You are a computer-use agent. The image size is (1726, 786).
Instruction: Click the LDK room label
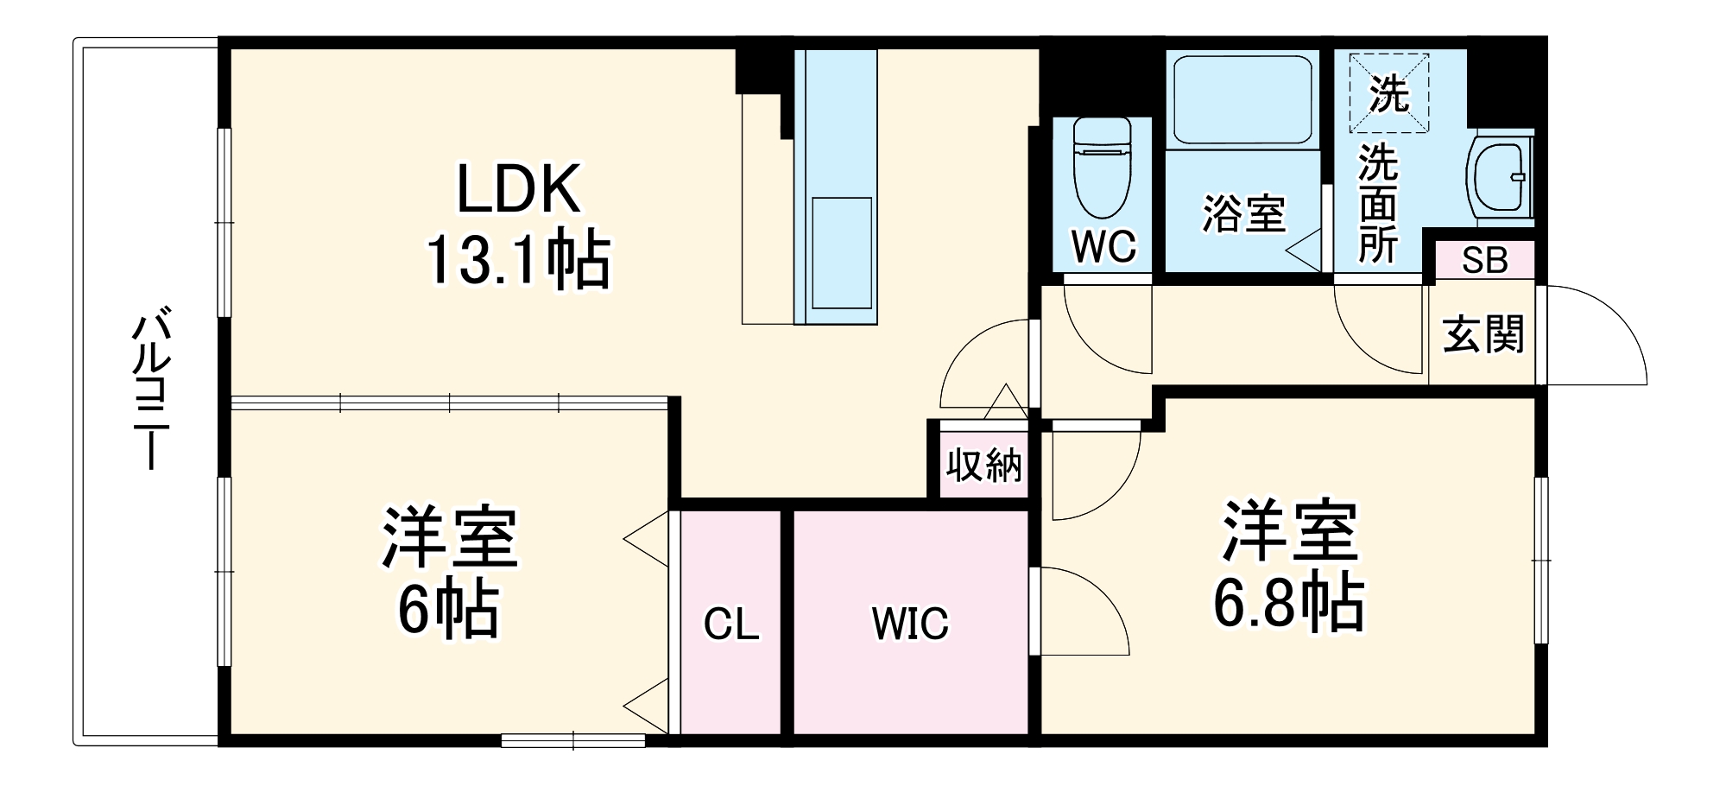[518, 189]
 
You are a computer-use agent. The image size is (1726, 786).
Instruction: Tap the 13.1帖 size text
[518, 259]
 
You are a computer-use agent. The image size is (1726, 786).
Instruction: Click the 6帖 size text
[448, 608]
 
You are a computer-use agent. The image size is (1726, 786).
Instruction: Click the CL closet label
[731, 624]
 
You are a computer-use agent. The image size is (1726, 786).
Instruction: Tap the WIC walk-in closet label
[910, 624]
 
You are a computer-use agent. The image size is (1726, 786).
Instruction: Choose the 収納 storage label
[983, 466]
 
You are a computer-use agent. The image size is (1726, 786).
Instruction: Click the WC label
[1103, 247]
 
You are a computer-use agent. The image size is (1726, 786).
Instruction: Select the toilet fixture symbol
[1103, 168]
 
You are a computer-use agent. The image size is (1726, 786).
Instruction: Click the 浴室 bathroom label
[1243, 212]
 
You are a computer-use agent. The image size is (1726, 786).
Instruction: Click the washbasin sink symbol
[1500, 177]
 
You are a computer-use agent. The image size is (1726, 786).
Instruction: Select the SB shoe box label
[1484, 260]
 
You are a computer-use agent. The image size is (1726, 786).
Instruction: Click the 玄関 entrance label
[1483, 334]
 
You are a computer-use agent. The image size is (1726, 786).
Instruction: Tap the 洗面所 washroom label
[1377, 204]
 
